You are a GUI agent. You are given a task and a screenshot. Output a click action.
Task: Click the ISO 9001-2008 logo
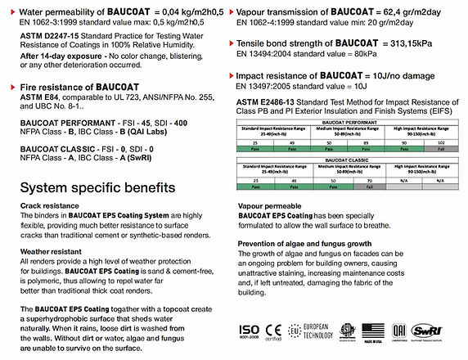(247, 333)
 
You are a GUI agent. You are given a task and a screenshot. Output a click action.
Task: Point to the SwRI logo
(448, 333)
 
